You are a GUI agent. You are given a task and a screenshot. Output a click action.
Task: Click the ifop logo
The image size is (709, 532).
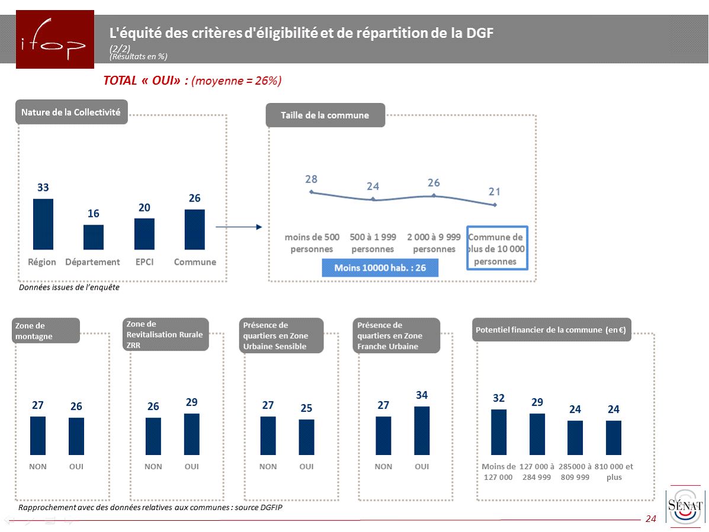click(x=54, y=40)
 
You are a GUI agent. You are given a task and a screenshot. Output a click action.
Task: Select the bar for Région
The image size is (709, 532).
click(x=43, y=224)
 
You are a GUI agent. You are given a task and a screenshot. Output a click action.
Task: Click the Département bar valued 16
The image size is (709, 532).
click(x=94, y=237)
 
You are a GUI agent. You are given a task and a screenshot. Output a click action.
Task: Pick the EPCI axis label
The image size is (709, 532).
click(x=144, y=262)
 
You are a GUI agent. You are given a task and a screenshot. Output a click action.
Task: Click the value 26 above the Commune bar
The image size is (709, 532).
click(x=195, y=198)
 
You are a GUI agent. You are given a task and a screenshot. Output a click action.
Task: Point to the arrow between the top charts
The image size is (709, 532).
click(x=238, y=226)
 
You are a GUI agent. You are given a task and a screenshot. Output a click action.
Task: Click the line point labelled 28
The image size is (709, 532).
click(x=312, y=192)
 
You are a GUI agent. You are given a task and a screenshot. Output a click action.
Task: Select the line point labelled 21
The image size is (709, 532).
click(x=495, y=205)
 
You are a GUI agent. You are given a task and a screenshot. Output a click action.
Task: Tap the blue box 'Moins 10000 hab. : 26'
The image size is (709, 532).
click(x=380, y=268)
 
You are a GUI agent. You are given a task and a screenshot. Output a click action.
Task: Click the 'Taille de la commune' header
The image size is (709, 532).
click(x=325, y=115)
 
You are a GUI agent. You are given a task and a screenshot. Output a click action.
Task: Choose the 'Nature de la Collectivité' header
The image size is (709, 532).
click(x=71, y=112)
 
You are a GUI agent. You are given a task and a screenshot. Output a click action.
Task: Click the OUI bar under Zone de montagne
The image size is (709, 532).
click(x=76, y=436)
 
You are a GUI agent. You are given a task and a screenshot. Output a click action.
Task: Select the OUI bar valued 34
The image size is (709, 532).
click(x=422, y=431)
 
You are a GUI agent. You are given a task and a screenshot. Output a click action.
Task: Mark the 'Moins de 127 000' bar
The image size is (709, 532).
click(x=499, y=432)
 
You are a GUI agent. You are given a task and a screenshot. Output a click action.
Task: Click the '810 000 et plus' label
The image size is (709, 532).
click(x=614, y=472)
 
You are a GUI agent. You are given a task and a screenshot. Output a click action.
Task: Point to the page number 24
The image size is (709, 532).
click(x=651, y=519)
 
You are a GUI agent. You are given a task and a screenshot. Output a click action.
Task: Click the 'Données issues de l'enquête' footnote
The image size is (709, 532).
click(x=69, y=287)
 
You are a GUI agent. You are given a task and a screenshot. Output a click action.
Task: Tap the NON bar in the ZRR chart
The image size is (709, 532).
click(x=153, y=436)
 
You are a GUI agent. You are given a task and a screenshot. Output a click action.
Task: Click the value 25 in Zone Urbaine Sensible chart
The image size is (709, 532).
click(x=306, y=408)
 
